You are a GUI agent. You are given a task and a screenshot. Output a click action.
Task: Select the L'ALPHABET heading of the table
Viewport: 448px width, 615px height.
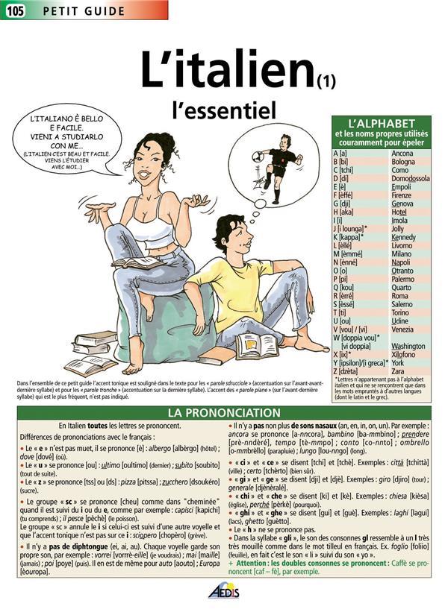382,123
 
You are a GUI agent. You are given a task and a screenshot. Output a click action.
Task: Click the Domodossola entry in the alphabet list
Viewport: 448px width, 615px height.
411,179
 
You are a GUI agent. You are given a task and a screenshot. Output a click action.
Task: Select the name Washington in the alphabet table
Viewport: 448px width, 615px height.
408,347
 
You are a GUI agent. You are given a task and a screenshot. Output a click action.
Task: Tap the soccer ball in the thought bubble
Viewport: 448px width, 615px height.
258,157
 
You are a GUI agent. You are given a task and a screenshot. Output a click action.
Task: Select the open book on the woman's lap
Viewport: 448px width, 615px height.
138,262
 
